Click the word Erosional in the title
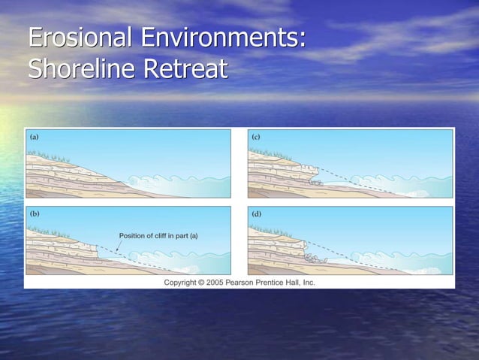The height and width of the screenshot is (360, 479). tap(77, 38)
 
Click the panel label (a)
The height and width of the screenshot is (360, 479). tap(35, 137)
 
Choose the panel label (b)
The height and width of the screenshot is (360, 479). tap(35, 214)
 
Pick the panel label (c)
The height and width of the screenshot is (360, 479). tap(256, 137)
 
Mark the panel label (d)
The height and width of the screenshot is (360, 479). tap(256, 214)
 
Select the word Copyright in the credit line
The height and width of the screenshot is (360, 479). tap(185, 283)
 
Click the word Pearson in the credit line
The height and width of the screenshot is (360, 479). tap(253, 283)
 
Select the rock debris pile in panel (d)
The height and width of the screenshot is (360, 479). tap(313, 258)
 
